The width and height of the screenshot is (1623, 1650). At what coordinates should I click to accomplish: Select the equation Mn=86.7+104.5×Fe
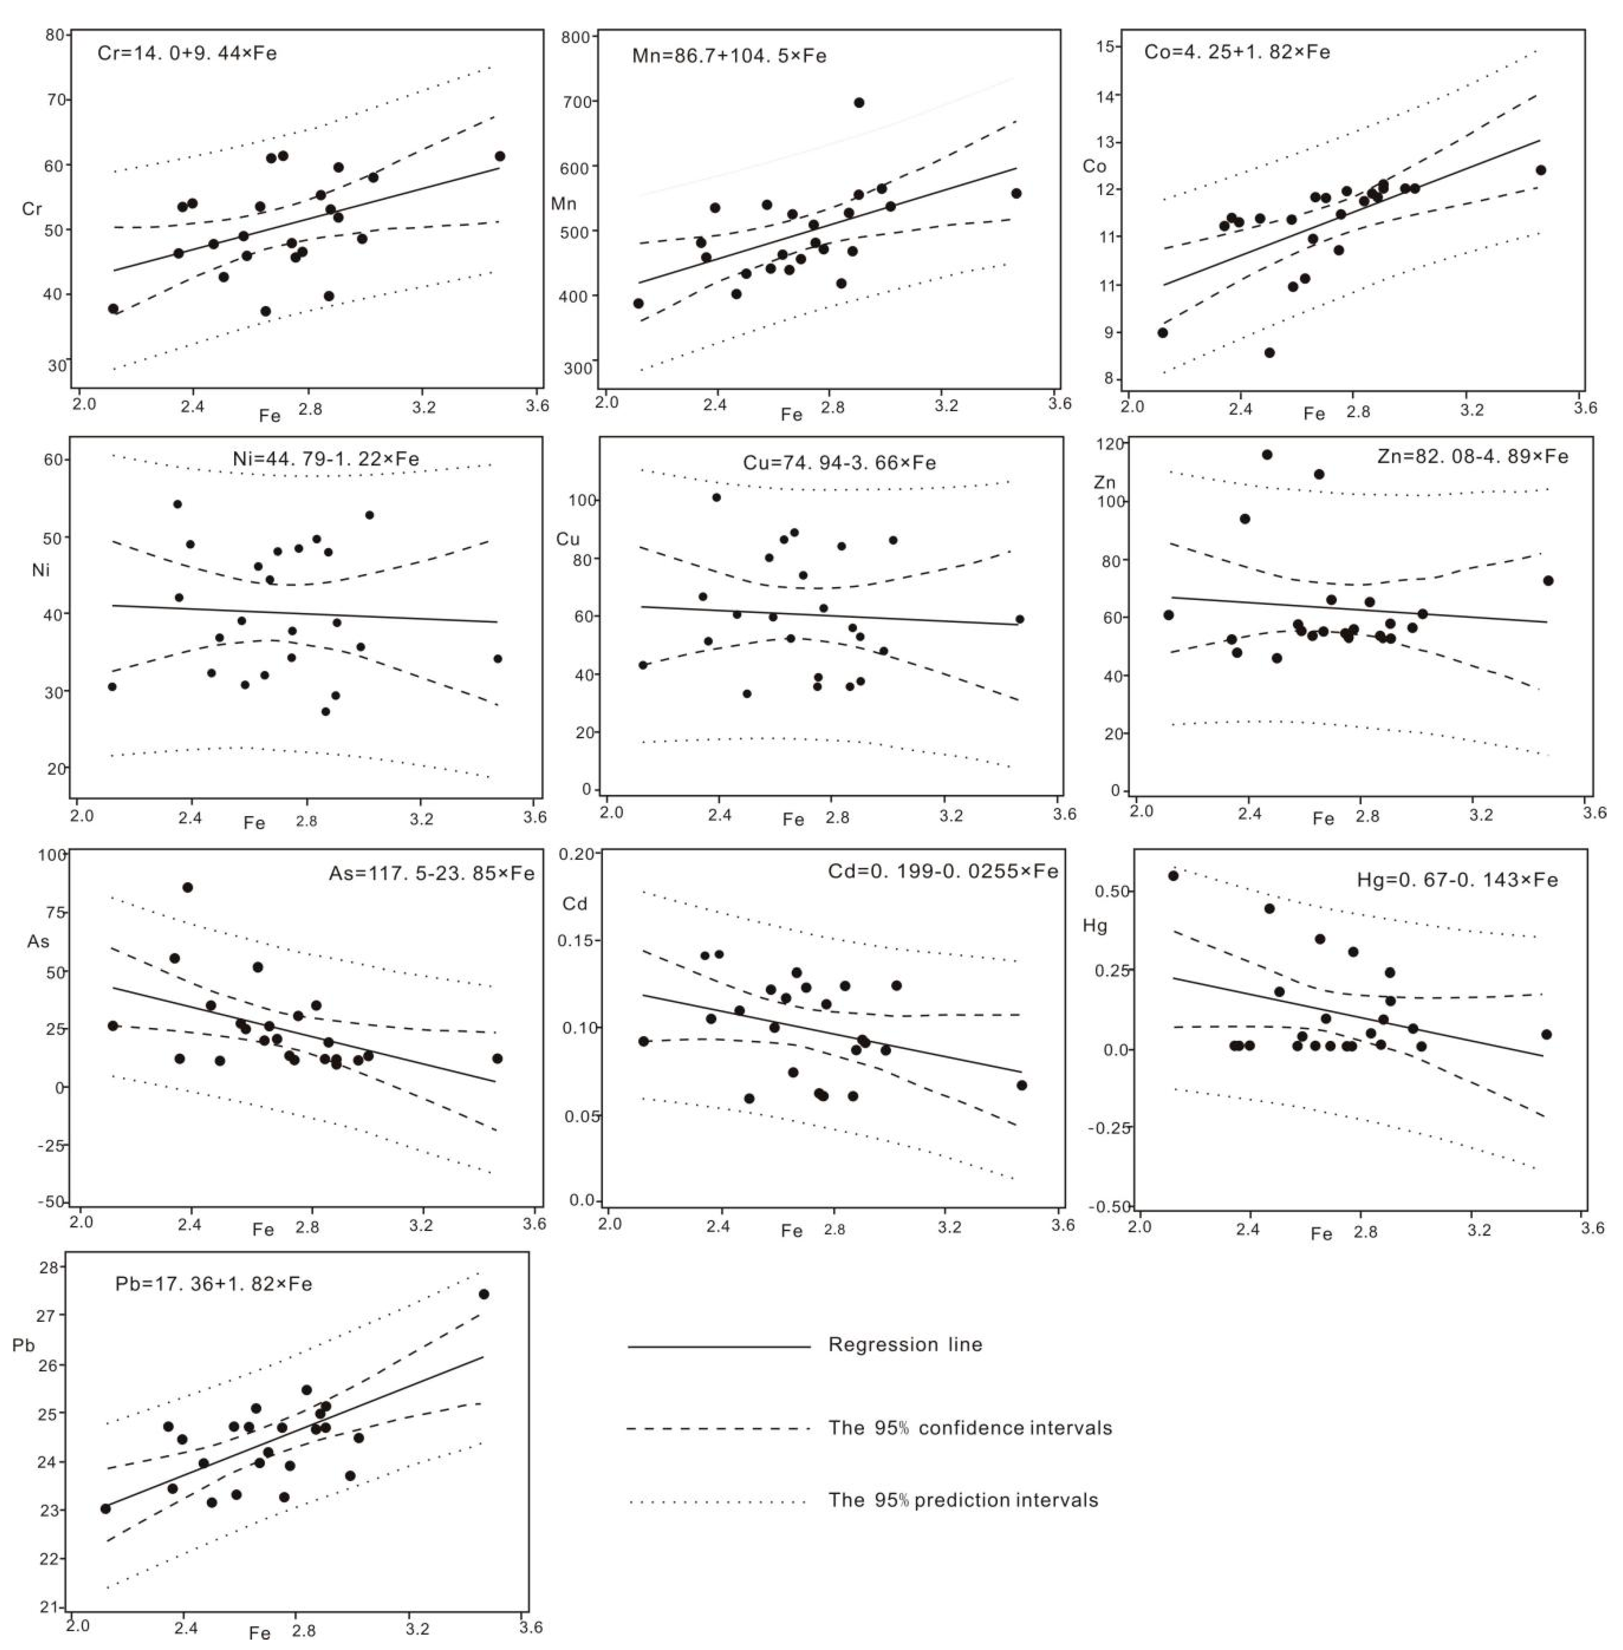[729, 56]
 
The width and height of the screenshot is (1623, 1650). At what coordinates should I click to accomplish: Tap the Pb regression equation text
[213, 1284]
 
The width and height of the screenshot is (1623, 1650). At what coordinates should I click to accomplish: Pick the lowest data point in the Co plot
[1269, 352]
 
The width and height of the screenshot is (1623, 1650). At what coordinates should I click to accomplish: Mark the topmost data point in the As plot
[188, 887]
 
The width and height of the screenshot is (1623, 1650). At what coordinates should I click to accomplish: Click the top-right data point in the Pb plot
[483, 1294]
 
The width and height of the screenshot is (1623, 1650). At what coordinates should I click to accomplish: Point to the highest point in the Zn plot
[1267, 454]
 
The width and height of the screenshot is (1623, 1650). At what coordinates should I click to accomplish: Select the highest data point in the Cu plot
[716, 497]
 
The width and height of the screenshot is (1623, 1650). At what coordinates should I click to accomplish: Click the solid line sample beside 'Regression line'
[718, 1346]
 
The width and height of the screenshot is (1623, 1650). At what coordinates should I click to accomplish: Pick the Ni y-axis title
[41, 569]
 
